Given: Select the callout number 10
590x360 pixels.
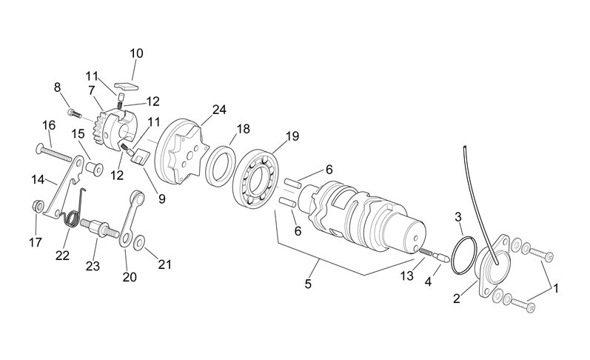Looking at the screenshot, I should click(x=137, y=53).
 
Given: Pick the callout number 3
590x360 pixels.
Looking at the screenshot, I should click(x=458, y=216).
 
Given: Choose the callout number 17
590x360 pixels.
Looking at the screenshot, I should click(x=36, y=241).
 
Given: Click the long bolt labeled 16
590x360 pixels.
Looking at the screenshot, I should click(x=56, y=153).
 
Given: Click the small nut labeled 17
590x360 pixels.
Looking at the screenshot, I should click(x=38, y=204).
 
